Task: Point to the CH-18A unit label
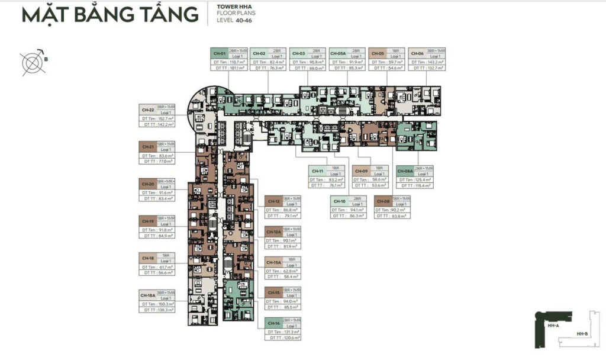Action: [148, 294]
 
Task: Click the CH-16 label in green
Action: [273, 323]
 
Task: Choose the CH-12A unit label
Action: [273, 232]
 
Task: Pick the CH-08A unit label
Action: [405, 171]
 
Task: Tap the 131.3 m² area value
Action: [291, 332]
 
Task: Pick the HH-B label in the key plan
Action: [582, 335]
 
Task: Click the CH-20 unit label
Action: [148, 184]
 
